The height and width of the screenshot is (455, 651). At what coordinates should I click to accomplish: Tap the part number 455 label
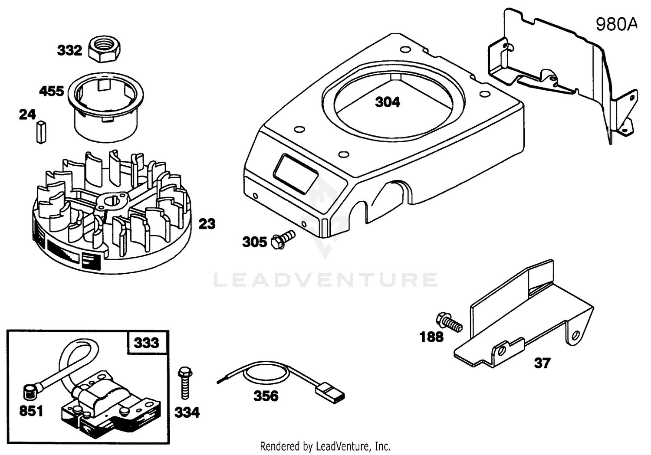coord(52,91)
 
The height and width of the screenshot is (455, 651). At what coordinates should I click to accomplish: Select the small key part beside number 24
coord(41,132)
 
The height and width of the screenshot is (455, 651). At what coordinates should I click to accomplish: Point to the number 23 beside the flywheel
coord(207,223)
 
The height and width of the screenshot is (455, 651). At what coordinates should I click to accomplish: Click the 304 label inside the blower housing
coord(388,102)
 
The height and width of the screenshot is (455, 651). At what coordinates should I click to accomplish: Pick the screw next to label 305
coord(283,239)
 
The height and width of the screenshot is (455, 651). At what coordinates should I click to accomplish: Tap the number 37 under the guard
coord(542,363)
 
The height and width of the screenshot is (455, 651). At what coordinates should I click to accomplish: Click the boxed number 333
coord(147,343)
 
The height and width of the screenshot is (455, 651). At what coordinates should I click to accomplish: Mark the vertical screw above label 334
coord(185,383)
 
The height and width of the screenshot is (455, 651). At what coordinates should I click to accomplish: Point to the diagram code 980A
coord(616,24)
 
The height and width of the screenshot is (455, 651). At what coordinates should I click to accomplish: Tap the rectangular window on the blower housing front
coord(295,174)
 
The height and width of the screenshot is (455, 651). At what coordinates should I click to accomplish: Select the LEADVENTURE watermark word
coord(325,280)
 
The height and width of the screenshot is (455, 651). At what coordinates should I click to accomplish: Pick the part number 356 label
coord(266,396)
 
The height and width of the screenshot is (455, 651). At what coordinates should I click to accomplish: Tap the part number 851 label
coord(31,411)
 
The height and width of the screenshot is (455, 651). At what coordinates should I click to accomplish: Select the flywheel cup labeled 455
coord(106,107)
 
